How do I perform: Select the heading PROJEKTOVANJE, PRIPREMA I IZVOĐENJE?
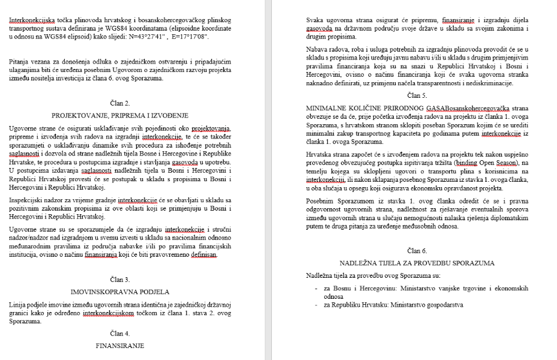click(120, 115)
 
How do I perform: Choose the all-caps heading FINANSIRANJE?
click(120, 346)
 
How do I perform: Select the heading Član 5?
click(417, 95)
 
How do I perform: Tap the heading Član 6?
click(417, 251)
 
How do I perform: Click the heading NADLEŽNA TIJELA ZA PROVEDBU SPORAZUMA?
click(417, 263)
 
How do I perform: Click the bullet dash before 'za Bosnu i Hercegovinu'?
click(316, 289)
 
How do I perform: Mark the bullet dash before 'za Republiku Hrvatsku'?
click(316, 305)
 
